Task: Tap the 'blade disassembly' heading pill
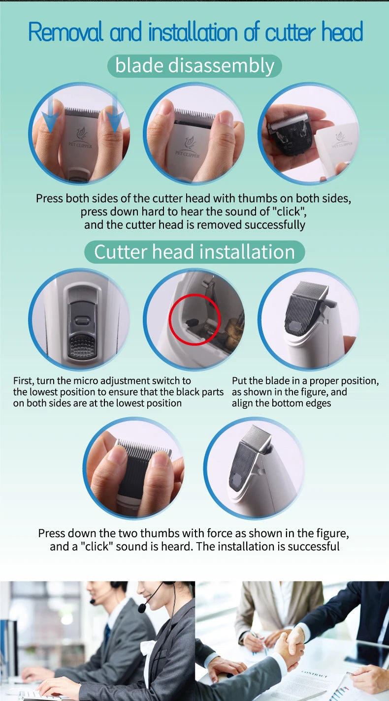point(195,66)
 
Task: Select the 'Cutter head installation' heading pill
point(194,252)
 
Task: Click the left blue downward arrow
point(51,116)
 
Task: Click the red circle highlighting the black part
point(194,320)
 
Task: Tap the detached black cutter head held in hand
point(290,133)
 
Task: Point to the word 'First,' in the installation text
point(23,381)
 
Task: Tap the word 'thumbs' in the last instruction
point(157,533)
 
